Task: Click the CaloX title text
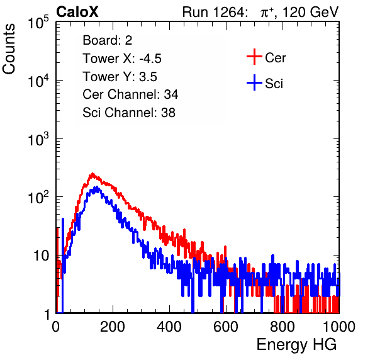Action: pos(77,11)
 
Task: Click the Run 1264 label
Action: pos(214,12)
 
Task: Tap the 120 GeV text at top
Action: pos(311,12)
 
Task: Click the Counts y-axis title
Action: pos(9,49)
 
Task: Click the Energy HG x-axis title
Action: pos(297,345)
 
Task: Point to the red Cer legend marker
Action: pos(254,57)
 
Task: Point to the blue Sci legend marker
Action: pos(254,83)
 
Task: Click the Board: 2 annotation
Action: pos(108,40)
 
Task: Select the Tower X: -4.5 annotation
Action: pos(122,59)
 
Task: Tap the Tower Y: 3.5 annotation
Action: pos(120,77)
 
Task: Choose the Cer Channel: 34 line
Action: pos(130,94)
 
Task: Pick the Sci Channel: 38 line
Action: pos(129,113)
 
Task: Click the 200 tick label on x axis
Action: pos(113,327)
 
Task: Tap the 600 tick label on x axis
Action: pos(226,327)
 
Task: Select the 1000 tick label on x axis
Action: pos(339,327)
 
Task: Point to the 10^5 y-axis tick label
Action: pos(38,23)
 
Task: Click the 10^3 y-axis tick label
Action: pos(38,139)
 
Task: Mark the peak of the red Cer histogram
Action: pos(92,174)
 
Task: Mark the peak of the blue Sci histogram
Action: pos(97,187)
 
